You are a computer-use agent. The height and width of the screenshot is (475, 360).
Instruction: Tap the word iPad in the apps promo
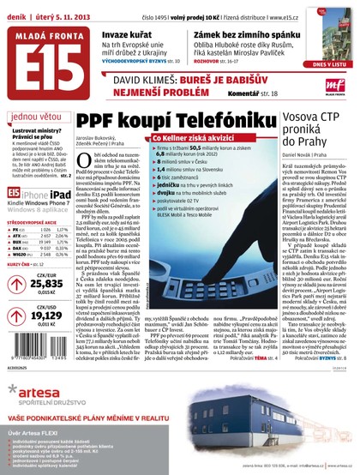51,195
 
